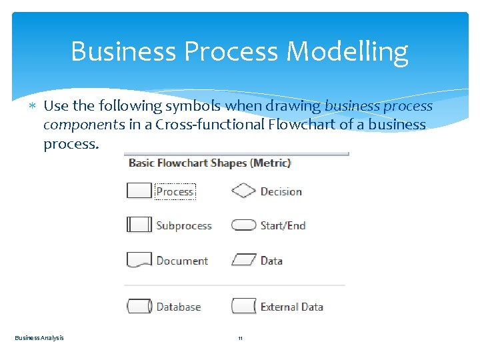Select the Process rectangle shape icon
tap(139, 191)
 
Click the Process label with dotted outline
tap(175, 191)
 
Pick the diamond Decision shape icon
tap(243, 191)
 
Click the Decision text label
tap(281, 191)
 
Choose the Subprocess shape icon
tap(139, 225)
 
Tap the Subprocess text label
tap(183, 225)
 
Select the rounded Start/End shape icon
tap(243, 225)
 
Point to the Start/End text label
tap(283, 225)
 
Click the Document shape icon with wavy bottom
tap(139, 260)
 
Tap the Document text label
tap(182, 261)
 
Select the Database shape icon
tap(139, 307)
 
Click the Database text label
tap(178, 307)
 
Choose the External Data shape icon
tap(243, 307)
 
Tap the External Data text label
tap(291, 307)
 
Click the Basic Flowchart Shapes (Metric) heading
tap(209, 163)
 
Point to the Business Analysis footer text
tap(39, 338)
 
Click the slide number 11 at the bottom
tap(240, 339)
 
